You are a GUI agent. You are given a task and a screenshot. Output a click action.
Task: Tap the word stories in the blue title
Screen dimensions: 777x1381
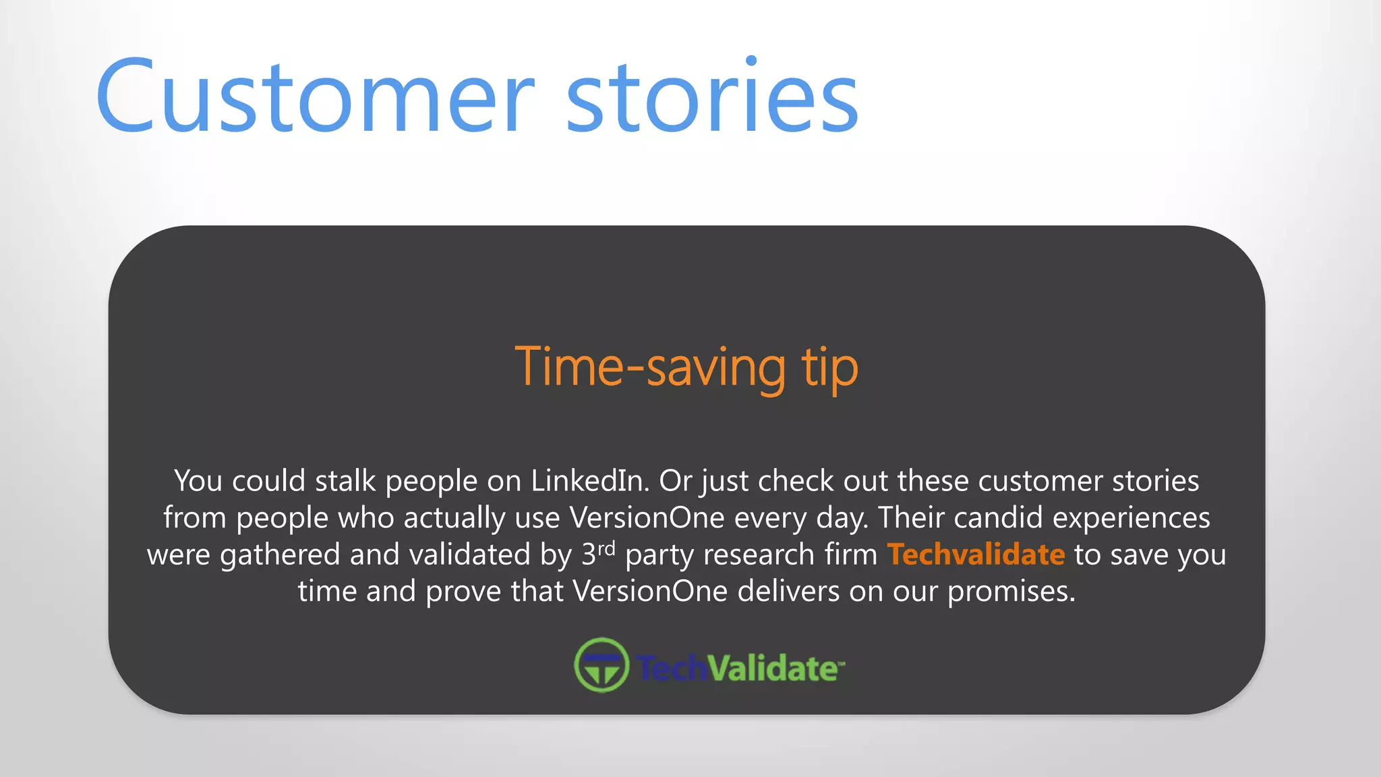pyautogui.click(x=712, y=96)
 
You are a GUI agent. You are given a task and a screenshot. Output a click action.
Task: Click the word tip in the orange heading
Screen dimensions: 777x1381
pyautogui.click(x=829, y=368)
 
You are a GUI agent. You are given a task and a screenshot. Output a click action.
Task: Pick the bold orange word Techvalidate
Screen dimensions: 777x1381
pyautogui.click(x=976, y=554)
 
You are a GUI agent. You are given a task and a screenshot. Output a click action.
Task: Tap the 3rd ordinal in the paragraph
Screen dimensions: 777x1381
pyautogui.click(x=598, y=553)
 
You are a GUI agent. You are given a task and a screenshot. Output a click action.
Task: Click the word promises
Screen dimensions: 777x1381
pyautogui.click(x=1011, y=592)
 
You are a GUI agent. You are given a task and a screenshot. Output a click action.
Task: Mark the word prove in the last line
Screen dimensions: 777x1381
pyautogui.click(x=463, y=592)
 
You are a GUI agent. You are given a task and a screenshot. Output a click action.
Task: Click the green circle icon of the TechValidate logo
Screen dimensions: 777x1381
pyautogui.click(x=601, y=665)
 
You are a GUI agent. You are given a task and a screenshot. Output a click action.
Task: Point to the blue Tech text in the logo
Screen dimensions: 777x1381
pyautogui.click(x=671, y=668)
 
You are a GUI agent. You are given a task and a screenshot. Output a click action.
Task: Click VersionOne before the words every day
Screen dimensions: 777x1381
pyautogui.click(x=647, y=518)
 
